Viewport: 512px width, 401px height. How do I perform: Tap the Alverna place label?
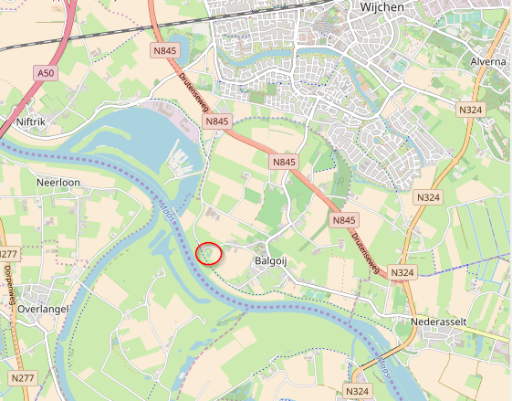pos(488,62)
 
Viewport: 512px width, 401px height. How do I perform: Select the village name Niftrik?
pos(37,121)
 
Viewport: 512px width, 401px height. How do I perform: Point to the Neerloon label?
pos(58,182)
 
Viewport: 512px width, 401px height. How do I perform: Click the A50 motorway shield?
pos(45,72)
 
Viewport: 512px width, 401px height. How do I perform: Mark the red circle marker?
pos(210,253)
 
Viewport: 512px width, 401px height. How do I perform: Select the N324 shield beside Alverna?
pos(470,110)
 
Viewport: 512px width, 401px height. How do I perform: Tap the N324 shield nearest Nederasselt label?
pos(402,272)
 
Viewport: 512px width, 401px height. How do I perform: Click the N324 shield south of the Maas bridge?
pos(357,391)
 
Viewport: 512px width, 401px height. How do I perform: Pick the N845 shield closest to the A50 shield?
pos(165,51)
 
